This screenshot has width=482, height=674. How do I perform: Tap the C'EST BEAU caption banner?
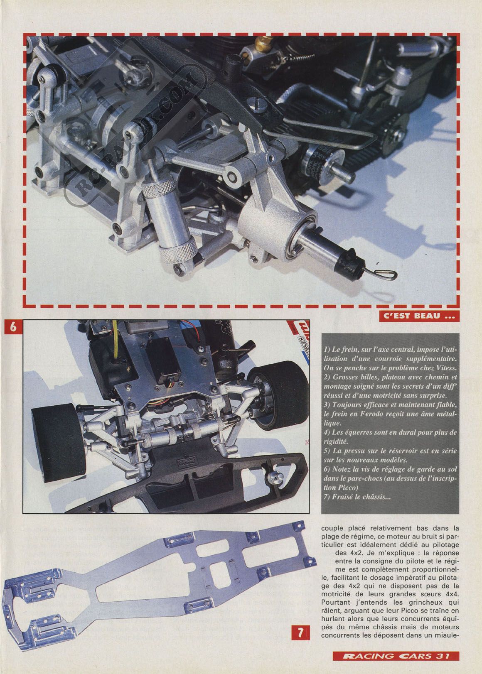419,316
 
